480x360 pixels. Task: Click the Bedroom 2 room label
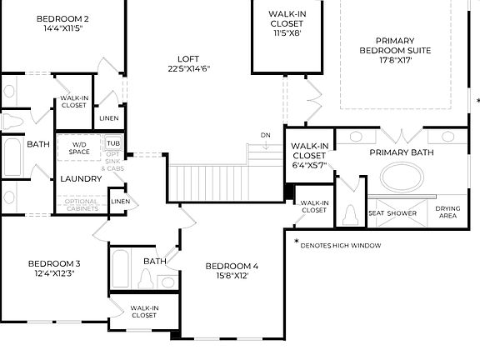click(x=52, y=18)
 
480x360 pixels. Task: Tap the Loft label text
click(x=188, y=59)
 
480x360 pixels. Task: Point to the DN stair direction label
click(x=265, y=135)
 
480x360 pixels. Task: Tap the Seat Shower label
click(x=392, y=213)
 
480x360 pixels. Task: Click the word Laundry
click(x=81, y=178)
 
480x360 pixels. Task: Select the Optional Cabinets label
click(x=82, y=205)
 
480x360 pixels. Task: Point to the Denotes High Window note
click(x=341, y=245)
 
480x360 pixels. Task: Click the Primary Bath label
click(x=402, y=152)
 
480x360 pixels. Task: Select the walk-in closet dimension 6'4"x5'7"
click(x=308, y=165)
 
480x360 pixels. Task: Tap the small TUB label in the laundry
click(x=112, y=143)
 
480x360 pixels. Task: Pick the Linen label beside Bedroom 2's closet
click(x=108, y=118)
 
